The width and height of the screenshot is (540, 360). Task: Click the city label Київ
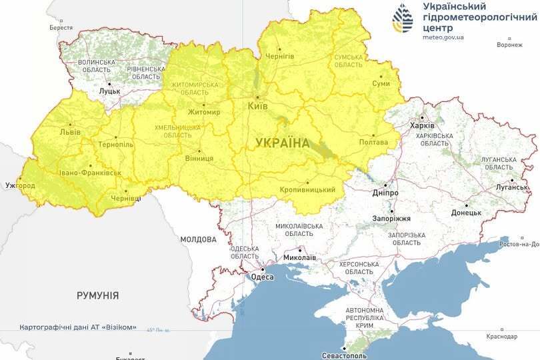(x=257, y=106)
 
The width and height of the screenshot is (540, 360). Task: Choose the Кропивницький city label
(x=308, y=190)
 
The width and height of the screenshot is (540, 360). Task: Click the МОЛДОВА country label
(x=198, y=239)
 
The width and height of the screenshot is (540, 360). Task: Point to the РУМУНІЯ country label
(x=97, y=295)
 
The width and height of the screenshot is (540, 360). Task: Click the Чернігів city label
(x=279, y=56)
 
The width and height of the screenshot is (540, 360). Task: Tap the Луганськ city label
(x=511, y=189)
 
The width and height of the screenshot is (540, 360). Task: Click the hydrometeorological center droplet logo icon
(x=403, y=19)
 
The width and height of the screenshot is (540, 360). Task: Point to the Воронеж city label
(x=509, y=45)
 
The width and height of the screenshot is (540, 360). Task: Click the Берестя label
(x=61, y=28)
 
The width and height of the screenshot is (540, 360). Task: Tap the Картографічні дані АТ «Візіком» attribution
(x=78, y=327)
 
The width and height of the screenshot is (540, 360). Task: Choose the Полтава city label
(x=373, y=142)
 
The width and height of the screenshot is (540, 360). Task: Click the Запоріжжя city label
(x=392, y=219)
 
